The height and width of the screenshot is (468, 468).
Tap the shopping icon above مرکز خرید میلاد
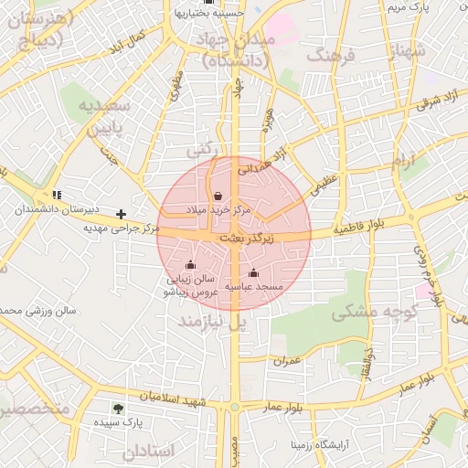coord(218,196)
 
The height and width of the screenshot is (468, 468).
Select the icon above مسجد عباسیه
coord(253,272)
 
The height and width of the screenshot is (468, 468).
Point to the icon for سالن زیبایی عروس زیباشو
coord(190,265)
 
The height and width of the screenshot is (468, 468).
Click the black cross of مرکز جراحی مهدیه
coord(121,214)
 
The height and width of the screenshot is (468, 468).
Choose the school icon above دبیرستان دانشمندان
coord(57,195)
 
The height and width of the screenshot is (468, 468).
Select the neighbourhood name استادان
coord(145,451)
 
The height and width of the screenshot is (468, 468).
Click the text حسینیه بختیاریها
coord(211,14)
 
